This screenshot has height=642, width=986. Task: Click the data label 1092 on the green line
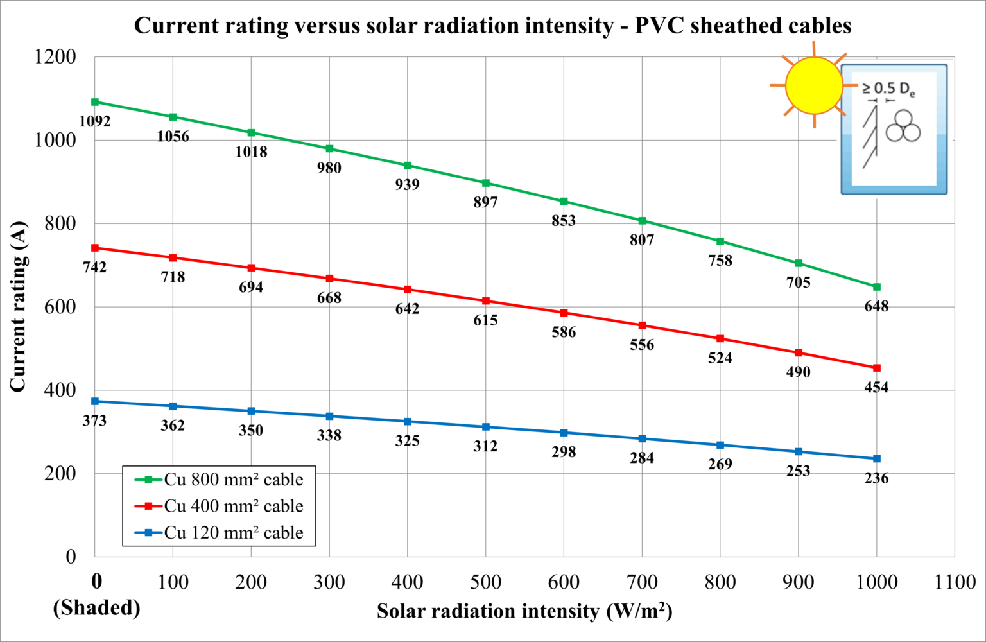tap(94, 121)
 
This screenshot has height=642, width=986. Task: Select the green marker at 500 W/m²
tap(486, 183)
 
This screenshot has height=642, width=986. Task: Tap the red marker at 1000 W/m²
tap(877, 368)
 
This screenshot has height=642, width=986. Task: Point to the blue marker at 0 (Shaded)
tap(95, 401)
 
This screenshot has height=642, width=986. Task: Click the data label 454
tap(876, 387)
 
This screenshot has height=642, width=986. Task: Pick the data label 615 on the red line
tap(485, 320)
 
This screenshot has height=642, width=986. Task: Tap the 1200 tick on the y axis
tap(55, 57)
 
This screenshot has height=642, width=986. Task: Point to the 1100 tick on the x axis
tap(955, 582)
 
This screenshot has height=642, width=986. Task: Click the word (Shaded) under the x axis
tap(96, 607)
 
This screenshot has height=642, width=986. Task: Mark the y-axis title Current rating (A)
tap(17, 306)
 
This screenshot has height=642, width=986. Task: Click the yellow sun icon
tap(814, 85)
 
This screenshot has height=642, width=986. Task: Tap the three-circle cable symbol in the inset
tap(903, 127)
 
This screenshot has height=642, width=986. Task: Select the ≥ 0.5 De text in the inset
tap(888, 89)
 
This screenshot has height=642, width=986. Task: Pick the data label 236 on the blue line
tap(876, 478)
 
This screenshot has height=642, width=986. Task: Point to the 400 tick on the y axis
tap(60, 390)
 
